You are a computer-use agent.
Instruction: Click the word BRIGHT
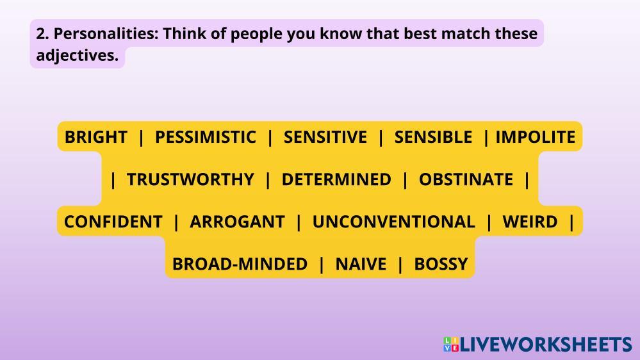tap(96, 137)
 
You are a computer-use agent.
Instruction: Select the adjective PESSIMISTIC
tap(205, 137)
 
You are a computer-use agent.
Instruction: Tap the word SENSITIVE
tap(325, 137)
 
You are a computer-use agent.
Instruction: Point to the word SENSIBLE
tap(433, 137)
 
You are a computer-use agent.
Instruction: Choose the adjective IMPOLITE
tap(536, 137)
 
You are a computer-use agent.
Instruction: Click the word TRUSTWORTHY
tap(191, 179)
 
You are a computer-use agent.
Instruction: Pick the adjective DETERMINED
tap(336, 179)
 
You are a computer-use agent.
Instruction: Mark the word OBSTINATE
tap(466, 179)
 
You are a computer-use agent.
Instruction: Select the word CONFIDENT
tap(113, 222)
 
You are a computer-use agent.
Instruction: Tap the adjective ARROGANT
tap(237, 222)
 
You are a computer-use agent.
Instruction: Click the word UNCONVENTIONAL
tap(393, 222)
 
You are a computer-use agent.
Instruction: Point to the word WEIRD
tap(530, 222)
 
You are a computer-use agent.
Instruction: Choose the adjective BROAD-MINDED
tap(240, 264)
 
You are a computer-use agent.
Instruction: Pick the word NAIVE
tap(361, 264)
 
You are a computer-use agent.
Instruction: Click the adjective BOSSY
tap(441, 264)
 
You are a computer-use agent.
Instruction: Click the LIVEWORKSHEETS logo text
tap(546, 345)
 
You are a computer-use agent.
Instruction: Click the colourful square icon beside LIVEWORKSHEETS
tap(451, 345)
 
